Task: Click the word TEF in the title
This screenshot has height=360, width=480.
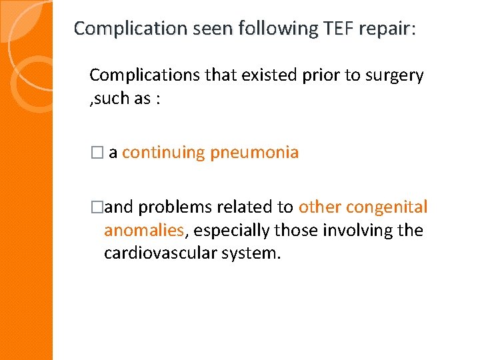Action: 327,29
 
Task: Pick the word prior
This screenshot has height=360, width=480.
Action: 315,75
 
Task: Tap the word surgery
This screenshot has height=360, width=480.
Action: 393,75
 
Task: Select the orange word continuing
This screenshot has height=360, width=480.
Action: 163,153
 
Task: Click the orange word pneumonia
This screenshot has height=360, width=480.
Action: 254,153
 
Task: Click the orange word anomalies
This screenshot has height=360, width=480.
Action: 143,231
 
